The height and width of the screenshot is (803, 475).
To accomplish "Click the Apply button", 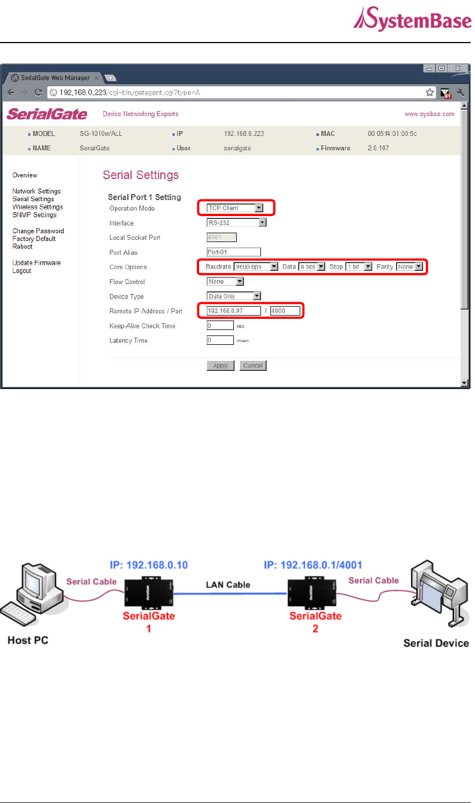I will pyautogui.click(x=220, y=366).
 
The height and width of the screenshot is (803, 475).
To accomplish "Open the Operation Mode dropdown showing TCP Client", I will pyautogui.click(x=234, y=208).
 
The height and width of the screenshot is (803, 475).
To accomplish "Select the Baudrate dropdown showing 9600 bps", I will pyautogui.click(x=255, y=267).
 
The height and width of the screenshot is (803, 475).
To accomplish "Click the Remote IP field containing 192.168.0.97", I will pyautogui.click(x=233, y=311).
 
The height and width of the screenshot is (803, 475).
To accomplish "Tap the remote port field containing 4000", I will pyautogui.click(x=285, y=311).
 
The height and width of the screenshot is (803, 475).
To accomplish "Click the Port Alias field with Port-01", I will pyautogui.click(x=233, y=252).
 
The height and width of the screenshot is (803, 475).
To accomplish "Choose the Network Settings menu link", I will pyautogui.click(x=36, y=191).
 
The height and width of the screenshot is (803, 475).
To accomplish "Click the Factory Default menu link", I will pyautogui.click(x=34, y=239).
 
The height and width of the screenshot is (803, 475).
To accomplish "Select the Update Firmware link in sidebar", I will pyautogui.click(x=36, y=263).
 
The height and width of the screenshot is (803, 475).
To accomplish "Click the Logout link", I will pyautogui.click(x=22, y=271).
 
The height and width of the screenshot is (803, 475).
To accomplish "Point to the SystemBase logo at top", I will pyautogui.click(x=412, y=20).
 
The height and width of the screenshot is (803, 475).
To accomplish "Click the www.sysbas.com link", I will pyautogui.click(x=429, y=114).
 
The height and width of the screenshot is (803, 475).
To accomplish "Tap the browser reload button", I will pyautogui.click(x=38, y=92).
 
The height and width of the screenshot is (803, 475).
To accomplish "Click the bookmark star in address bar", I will pyautogui.click(x=430, y=92).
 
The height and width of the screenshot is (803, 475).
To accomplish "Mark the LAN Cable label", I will pyautogui.click(x=228, y=585).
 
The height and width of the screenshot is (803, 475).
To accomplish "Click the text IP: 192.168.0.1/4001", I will pyautogui.click(x=313, y=565).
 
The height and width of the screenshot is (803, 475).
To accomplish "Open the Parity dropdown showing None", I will pyautogui.click(x=409, y=267).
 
